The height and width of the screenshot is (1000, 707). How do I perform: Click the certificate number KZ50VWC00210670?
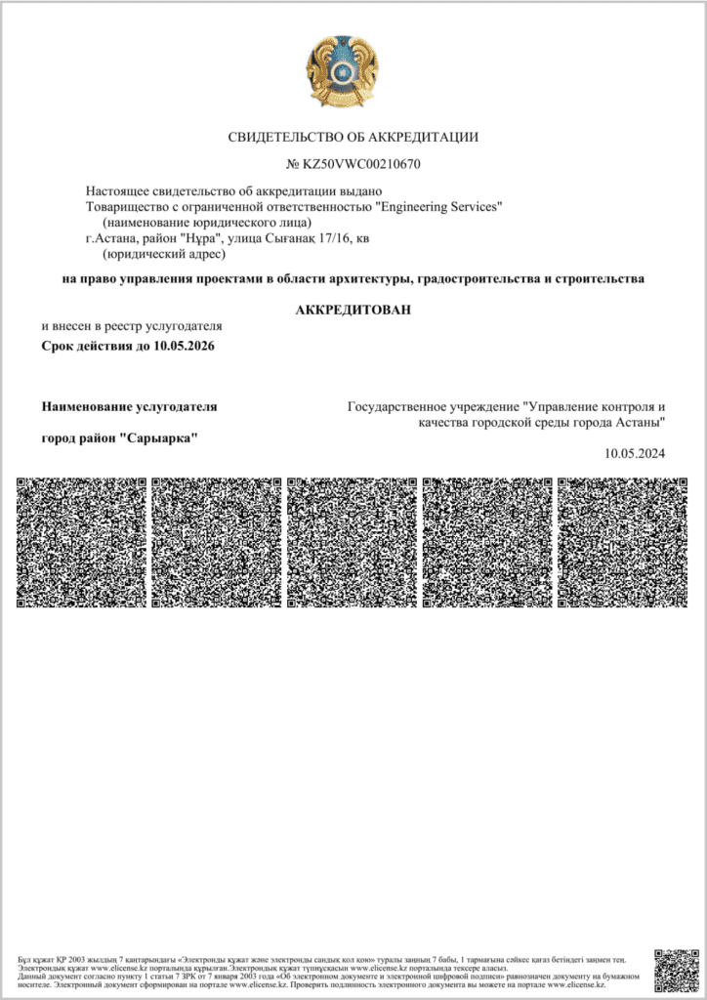362,163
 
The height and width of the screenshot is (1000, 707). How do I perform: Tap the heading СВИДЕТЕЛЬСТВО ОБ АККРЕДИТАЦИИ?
353,137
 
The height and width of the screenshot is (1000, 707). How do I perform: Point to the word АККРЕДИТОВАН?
353,310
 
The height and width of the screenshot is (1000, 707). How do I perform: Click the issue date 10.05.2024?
635,453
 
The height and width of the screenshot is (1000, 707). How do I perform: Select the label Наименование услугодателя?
129,405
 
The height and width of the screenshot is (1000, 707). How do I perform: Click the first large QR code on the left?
82,542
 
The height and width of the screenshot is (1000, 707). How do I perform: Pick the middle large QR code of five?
353,542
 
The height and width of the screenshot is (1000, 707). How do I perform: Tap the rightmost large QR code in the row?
623,542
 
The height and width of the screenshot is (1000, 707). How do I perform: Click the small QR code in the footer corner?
677,971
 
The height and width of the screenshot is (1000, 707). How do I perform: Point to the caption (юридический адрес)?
163,254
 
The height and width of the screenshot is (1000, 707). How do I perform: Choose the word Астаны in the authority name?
641,422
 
